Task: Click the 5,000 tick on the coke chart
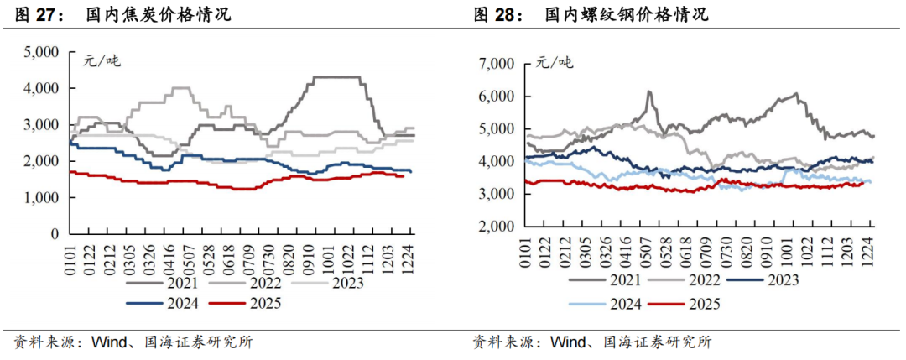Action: click(39, 52)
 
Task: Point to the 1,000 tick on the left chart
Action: click(39, 197)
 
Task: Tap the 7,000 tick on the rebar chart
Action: click(494, 63)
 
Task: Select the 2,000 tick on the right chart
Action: click(494, 227)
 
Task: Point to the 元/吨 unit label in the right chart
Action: click(555, 62)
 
